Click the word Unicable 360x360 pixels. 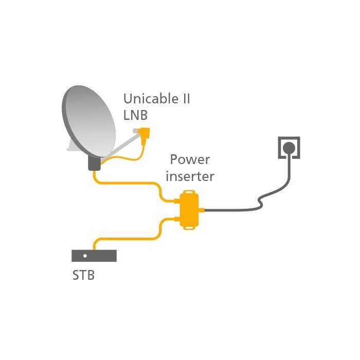point(151,98)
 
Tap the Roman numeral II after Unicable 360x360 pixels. point(186,99)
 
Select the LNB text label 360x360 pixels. point(135,115)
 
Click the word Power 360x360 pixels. point(190,159)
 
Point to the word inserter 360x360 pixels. point(190,176)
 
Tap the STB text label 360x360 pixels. point(83,275)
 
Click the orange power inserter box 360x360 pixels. point(189,210)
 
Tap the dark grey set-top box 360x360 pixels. point(94,256)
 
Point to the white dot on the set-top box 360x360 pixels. point(85,256)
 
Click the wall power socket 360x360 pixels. point(289,148)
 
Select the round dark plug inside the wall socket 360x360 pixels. point(289,148)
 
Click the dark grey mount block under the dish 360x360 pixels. point(94,163)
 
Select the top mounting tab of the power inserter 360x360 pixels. point(189,192)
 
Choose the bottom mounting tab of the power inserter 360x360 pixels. point(189,228)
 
